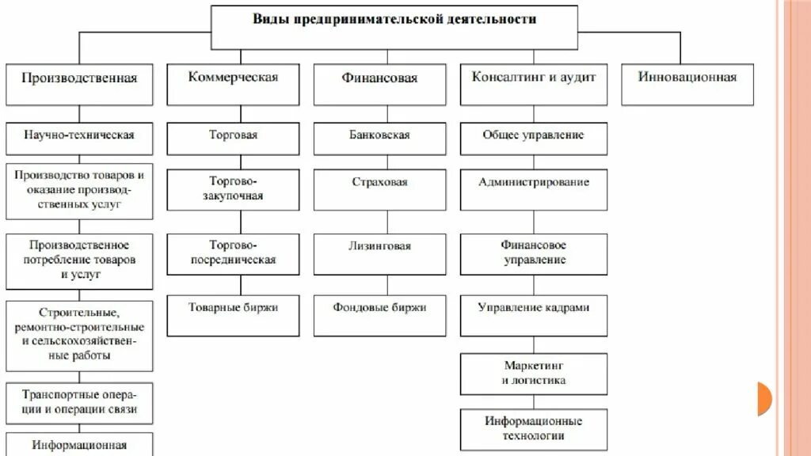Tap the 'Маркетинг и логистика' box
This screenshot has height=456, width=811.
coord(534,373)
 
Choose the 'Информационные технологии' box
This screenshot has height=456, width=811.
coord(534,428)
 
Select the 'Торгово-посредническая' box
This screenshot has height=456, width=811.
coord(234,253)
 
